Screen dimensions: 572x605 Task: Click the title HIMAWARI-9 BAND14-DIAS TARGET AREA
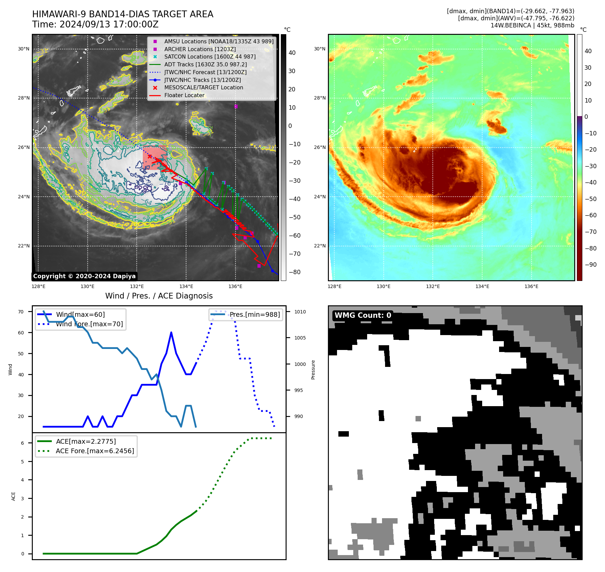pyautogui.click(x=122, y=14)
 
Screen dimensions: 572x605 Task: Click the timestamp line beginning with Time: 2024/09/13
pyautogui.click(x=95, y=24)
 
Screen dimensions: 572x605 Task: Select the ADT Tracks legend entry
pyautogui.click(x=205, y=64)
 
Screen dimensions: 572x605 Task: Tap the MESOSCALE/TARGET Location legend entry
pyautogui.click(x=203, y=87)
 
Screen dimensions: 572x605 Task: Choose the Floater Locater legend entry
pyautogui.click(x=184, y=95)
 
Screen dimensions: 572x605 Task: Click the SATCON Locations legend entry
pyautogui.click(x=209, y=57)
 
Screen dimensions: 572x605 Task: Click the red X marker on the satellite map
pyautogui.click(x=150, y=156)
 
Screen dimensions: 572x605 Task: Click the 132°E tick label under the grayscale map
pyautogui.click(x=137, y=286)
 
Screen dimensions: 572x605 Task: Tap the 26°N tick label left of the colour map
pyautogui.click(x=320, y=148)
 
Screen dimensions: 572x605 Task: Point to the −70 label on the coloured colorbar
pyautogui.click(x=590, y=232)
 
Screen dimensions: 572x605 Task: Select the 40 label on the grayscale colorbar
pyautogui.click(x=292, y=53)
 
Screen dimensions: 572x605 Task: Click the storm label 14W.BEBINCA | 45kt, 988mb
pyautogui.click(x=532, y=25)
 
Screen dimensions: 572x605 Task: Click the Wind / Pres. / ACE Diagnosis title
pyautogui.click(x=159, y=296)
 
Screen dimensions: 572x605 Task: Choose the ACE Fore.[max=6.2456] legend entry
pyautogui.click(x=95, y=451)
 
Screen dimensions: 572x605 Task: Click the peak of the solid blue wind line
pyautogui.click(x=171, y=333)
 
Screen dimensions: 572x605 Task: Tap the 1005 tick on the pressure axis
pyautogui.click(x=300, y=338)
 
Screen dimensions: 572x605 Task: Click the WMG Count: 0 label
pyautogui.click(x=363, y=315)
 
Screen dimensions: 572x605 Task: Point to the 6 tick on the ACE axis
pyautogui.click(x=23, y=443)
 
